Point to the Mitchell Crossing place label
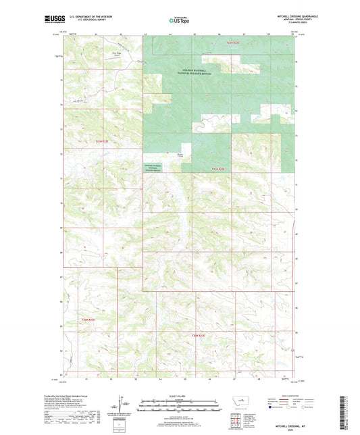tap(180, 155)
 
